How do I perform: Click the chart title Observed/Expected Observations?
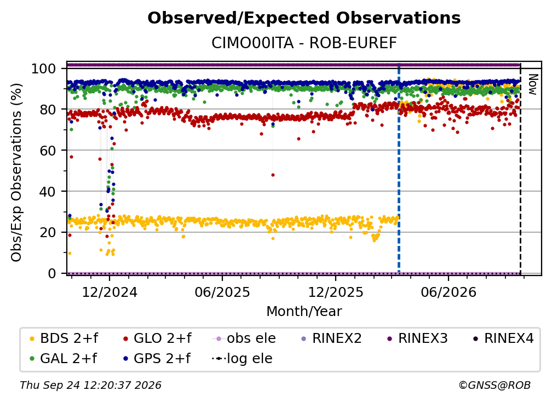pos(304,18)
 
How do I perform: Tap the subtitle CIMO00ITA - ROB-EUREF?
pos(304,43)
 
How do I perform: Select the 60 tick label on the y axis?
pos(48,150)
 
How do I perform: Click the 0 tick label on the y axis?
pos(52,273)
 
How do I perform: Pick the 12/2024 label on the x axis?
pos(110,292)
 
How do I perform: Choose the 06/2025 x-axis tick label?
pos(222,292)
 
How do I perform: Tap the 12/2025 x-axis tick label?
pos(336,292)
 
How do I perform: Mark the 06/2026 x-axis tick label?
pos(449,292)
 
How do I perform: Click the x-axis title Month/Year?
pos(304,312)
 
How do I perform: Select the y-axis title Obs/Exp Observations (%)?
pos(16,172)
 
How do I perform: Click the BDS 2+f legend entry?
pos(64,338)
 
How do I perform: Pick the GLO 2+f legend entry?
pos(157,338)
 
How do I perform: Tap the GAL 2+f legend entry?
pos(63,359)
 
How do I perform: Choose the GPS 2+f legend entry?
pos(157,359)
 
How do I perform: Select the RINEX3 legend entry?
pos(417,338)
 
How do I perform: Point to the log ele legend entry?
pos(242,359)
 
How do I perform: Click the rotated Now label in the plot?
pos(533,84)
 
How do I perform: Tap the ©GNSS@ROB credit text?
pos(495,385)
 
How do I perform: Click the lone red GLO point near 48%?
pos(273,175)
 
